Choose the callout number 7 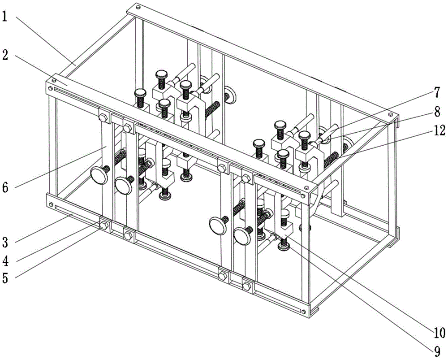[437, 94]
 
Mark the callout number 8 [437, 112]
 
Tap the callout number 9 [437, 346]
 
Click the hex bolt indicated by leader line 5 [103, 225]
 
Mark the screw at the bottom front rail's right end [304, 311]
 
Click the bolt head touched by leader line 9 [283, 243]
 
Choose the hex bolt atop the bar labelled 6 [103, 118]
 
